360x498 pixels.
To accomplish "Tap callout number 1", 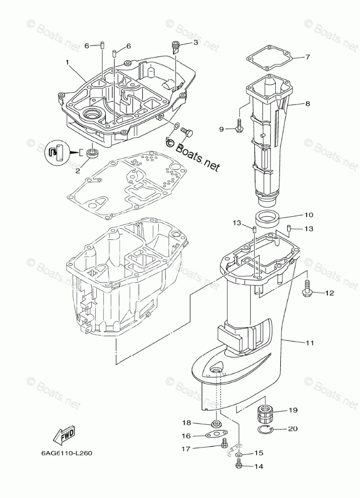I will (67, 63).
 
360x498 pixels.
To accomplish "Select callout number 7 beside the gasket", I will (308, 57).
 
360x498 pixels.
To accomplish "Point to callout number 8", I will (307, 104).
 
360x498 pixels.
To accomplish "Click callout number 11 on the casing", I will (309, 343).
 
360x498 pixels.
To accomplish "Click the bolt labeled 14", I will (239, 466).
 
